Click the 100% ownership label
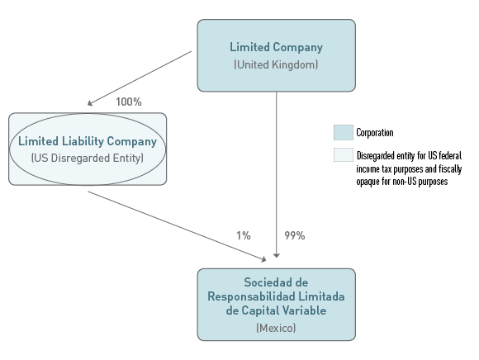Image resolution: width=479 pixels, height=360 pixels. (129, 102)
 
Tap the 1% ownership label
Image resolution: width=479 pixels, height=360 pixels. (244, 235)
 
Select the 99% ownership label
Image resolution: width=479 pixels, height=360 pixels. (295, 235)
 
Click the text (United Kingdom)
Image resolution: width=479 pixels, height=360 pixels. (276, 64)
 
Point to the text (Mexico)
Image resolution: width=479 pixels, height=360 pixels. (276, 328)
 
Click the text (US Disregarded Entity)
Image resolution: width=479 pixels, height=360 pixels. (88, 158)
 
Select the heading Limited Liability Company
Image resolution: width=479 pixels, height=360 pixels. (88, 141)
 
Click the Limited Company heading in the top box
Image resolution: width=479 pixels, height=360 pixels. (276, 47)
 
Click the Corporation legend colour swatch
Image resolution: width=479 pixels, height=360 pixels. (343, 132)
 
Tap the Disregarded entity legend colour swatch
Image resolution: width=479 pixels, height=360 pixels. (343, 154)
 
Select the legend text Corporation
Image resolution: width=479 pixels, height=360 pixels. (375, 132)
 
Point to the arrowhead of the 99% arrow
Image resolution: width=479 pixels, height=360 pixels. (277, 256)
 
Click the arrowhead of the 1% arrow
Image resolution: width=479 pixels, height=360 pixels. (263, 259)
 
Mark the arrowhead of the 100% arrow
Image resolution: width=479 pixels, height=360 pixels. (89, 103)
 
